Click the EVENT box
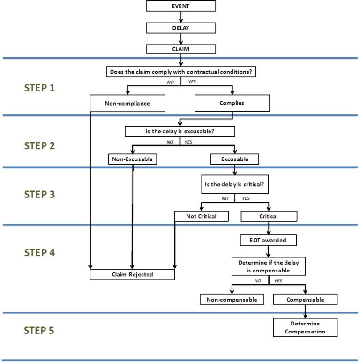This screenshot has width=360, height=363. click(x=181, y=6)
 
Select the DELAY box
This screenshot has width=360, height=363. click(x=181, y=28)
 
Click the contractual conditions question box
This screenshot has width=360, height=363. click(x=180, y=72)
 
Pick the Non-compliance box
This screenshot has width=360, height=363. click(x=127, y=103)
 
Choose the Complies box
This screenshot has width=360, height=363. click(x=232, y=103)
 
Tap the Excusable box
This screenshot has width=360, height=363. click(x=235, y=159)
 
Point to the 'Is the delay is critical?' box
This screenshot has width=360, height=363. click(x=235, y=184)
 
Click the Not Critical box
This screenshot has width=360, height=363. click(x=201, y=216)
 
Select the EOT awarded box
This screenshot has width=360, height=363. click(x=269, y=240)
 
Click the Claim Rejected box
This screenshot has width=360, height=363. click(x=132, y=274)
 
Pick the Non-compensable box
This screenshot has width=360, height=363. click(x=232, y=299)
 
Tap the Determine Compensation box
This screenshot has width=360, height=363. click(x=305, y=327)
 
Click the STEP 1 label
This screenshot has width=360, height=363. click(x=39, y=87)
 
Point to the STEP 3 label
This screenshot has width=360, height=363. click(x=39, y=194)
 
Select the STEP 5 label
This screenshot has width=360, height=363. click(x=39, y=330)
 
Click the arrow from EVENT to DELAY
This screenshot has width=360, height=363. click(x=181, y=17)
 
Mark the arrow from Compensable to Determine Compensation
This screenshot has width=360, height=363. click(x=305, y=311)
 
